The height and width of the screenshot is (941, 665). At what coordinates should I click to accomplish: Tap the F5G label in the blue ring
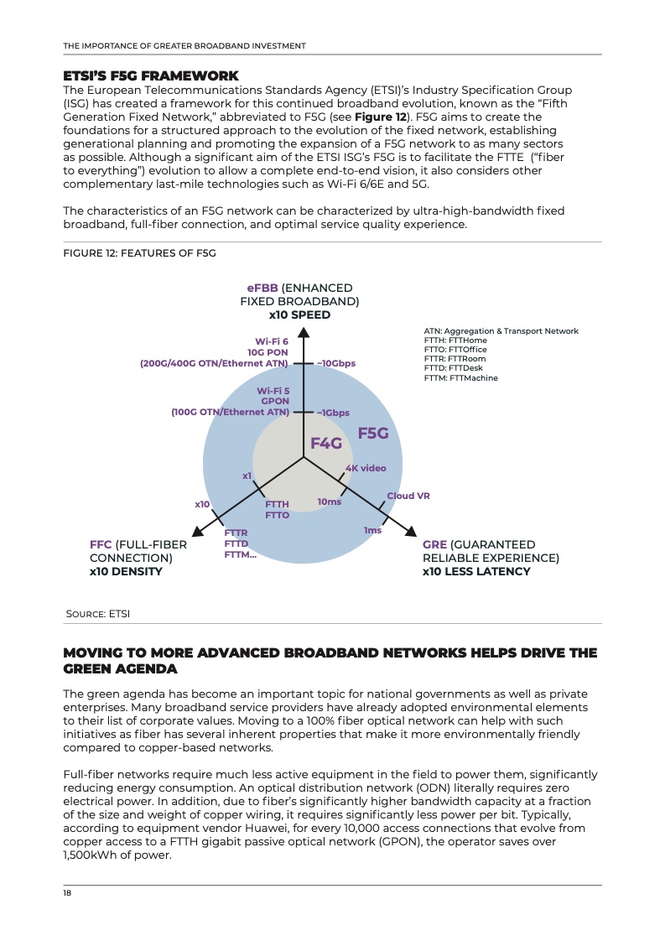coord(373,433)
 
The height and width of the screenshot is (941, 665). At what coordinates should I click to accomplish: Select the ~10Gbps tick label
coord(335,363)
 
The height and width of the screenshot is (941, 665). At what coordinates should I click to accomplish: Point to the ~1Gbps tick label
coord(333,413)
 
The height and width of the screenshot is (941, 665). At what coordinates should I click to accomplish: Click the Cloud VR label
coord(408,496)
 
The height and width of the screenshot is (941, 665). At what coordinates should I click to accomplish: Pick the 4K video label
coord(366,468)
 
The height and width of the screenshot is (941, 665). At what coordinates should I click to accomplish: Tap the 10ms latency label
coord(330,502)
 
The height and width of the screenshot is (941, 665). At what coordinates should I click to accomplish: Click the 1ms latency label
coord(372,530)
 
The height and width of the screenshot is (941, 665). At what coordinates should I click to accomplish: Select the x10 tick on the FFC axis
coord(202,504)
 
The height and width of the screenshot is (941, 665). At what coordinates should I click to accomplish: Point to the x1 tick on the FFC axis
coord(247,476)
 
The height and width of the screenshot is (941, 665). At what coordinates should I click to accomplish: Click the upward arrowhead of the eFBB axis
coord(304,333)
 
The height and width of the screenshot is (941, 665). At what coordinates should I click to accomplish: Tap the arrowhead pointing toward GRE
coord(410,530)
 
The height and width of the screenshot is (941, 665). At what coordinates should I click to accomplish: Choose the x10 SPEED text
coord(299,315)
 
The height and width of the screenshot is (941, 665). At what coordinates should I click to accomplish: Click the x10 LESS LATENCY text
coord(476,571)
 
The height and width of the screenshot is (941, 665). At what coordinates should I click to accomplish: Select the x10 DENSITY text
coord(126,571)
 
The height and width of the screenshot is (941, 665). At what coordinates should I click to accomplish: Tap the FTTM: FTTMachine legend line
coord(460,378)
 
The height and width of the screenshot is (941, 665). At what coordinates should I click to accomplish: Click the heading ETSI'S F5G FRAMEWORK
coord(151,76)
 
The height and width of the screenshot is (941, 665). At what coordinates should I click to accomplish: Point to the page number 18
coord(67,893)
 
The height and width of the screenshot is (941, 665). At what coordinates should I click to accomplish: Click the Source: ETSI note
coord(98,614)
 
